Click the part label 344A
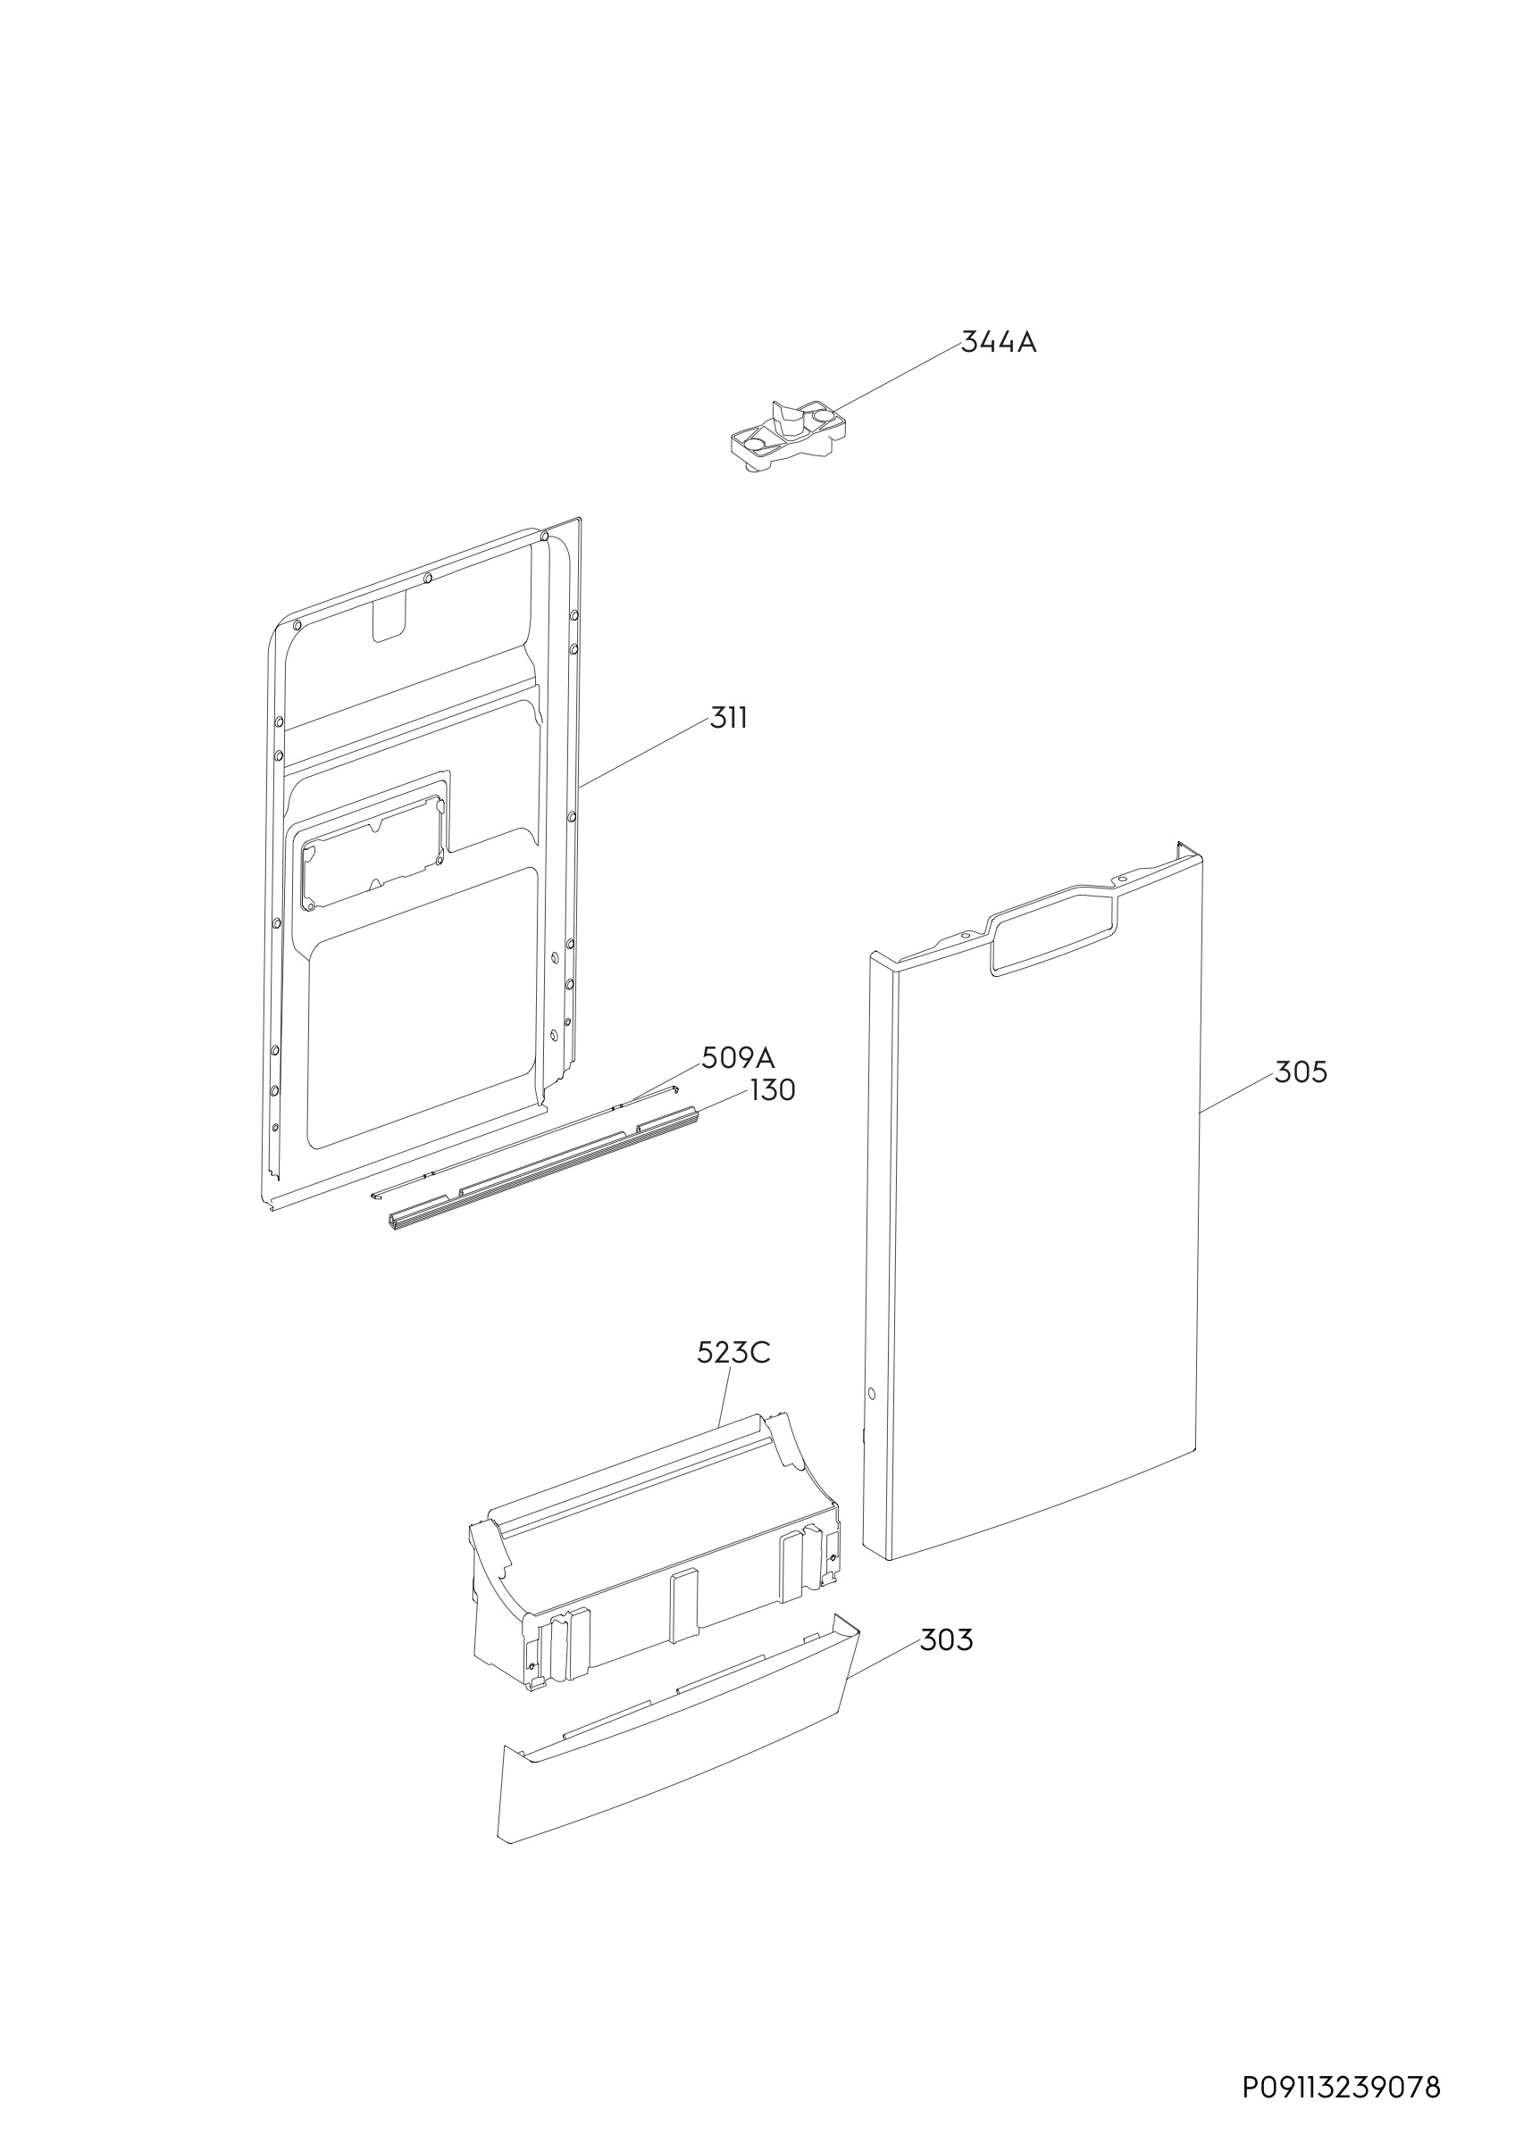coord(999,343)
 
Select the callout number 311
coord(729,718)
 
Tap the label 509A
coord(739,1057)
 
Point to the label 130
coord(773,1090)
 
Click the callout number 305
coord(1301,1072)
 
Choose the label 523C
coord(733,1353)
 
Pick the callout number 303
coord(947,1640)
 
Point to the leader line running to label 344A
coord(897,377)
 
